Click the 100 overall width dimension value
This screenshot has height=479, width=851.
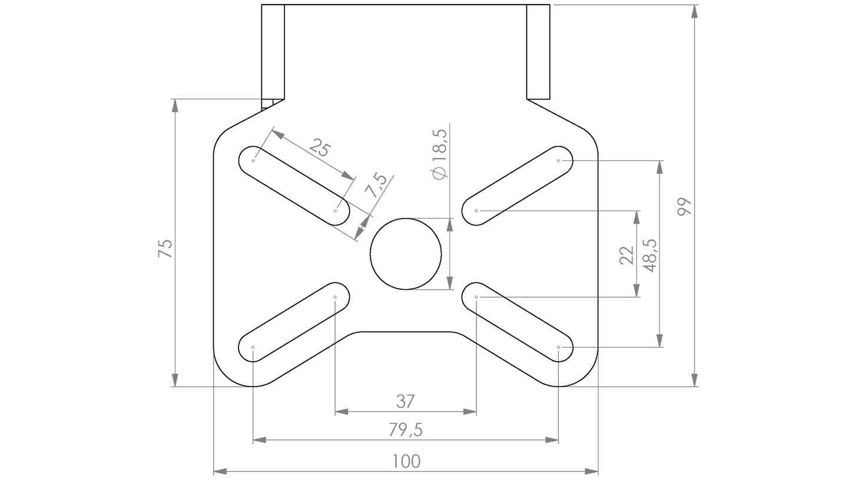[x=406, y=461]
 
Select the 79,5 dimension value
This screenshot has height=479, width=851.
[x=405, y=431]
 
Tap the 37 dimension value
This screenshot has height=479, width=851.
[x=405, y=402]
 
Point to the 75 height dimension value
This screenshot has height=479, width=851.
[x=165, y=248]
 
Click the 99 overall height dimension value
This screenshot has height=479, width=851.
[x=684, y=207]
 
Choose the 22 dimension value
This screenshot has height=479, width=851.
[x=627, y=255]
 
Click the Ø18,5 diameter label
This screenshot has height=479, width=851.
[x=439, y=154]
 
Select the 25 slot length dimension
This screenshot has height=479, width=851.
[x=319, y=147]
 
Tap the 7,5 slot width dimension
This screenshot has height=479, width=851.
[x=376, y=186]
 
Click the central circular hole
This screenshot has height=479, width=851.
[x=406, y=254]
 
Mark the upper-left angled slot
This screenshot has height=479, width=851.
[x=294, y=185]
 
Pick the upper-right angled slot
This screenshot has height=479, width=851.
[x=517, y=185]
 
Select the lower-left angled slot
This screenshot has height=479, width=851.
[x=294, y=322]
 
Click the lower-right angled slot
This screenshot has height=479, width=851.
[x=517, y=322]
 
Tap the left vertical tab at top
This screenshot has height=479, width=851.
[x=273, y=52]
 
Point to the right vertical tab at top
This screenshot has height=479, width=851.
[x=538, y=52]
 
